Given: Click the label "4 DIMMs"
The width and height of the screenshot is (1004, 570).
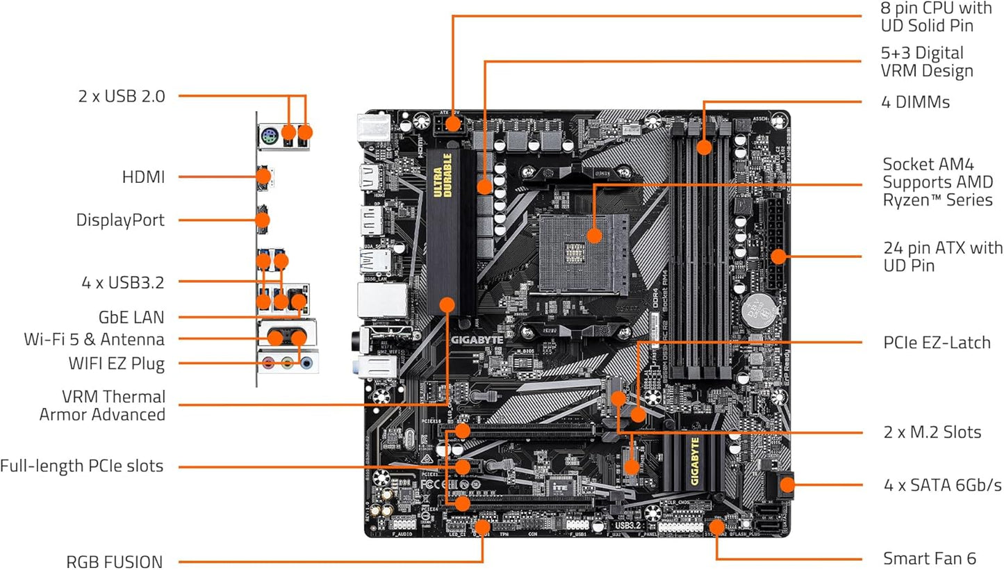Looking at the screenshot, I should coord(915,102).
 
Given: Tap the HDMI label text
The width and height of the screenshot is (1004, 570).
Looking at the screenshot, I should coord(143,177).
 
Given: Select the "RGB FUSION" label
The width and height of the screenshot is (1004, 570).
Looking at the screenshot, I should coord(115,561).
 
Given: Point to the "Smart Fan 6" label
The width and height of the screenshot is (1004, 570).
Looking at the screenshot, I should coord(929,558).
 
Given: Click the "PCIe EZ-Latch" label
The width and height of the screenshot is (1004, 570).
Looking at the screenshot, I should coord(936,343).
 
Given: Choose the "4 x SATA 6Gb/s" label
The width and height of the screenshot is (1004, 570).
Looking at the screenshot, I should coord(942,484).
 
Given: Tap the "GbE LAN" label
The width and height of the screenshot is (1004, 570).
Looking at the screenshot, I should coord(131,318).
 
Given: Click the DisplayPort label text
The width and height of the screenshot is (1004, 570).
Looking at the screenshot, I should coord(120,220).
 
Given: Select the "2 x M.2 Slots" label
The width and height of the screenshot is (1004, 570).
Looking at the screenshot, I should coord(932,432).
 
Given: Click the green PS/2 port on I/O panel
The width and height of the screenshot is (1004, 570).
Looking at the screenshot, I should coord(270,138).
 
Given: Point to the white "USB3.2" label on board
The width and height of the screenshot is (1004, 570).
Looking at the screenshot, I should coord(627,526).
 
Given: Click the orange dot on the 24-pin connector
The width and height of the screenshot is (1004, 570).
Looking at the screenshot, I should coord(777,256).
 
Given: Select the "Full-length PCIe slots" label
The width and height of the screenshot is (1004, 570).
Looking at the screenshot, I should coord(81,466).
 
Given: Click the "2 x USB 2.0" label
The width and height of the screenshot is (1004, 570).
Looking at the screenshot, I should coord(122,96).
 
